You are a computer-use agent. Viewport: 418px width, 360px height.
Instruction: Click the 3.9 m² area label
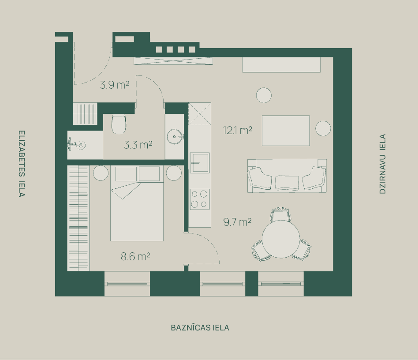(x=115, y=85)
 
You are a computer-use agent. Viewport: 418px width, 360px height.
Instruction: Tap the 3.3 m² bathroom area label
(x=138, y=145)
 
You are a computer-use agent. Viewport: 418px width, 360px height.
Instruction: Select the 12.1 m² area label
(x=238, y=131)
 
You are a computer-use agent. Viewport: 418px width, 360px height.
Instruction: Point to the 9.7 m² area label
(x=237, y=222)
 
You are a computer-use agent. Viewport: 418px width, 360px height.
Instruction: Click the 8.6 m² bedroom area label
(x=135, y=256)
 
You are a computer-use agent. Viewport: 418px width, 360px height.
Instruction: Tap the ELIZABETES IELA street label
(x=22, y=164)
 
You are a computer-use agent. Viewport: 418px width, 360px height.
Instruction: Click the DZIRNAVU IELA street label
(x=383, y=164)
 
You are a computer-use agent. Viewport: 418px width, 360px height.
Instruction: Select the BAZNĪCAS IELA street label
(x=200, y=327)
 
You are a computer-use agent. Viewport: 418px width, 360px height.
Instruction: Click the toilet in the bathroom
(x=119, y=124)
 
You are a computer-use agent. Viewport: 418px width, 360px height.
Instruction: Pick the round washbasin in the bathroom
(x=175, y=136)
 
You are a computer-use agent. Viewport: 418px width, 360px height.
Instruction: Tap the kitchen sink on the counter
(x=200, y=163)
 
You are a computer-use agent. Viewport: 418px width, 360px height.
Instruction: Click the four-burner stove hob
(x=200, y=199)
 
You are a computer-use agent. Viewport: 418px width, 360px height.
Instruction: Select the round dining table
(x=281, y=239)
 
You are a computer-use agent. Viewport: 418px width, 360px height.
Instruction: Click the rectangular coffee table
(x=286, y=131)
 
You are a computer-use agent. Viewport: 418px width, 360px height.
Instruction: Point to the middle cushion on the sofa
(x=287, y=182)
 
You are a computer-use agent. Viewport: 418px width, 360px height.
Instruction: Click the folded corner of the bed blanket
(x=125, y=191)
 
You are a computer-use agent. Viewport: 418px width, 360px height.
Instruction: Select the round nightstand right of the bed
(x=174, y=173)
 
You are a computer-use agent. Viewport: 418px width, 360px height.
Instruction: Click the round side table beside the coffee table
(x=323, y=128)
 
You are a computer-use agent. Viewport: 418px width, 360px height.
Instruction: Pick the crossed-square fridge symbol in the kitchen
(x=200, y=114)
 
